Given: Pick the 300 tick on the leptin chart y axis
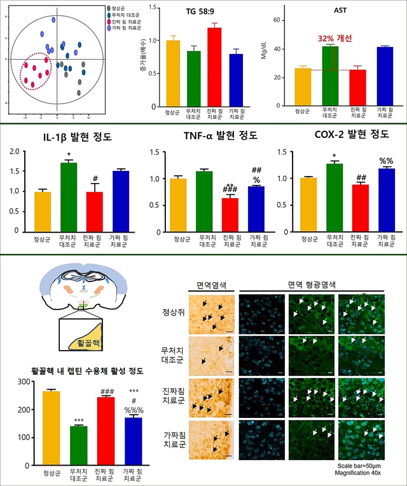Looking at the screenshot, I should [25, 382].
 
